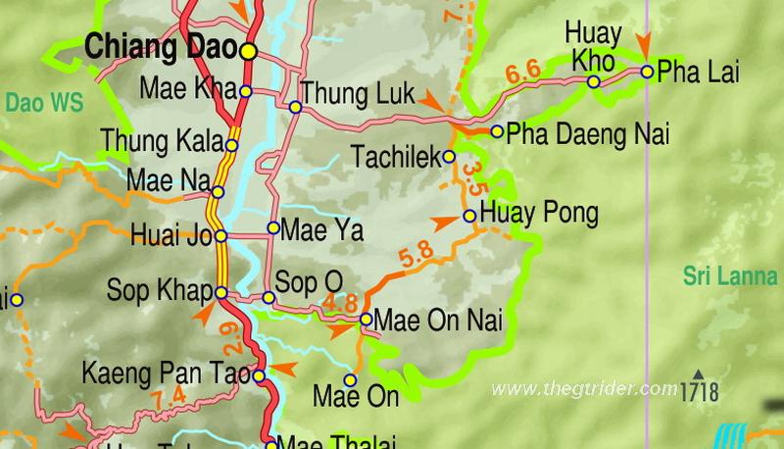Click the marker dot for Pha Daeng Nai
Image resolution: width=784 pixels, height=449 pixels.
pyautogui.click(x=498, y=131)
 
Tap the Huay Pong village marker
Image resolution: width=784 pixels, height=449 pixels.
pyautogui.click(x=469, y=216)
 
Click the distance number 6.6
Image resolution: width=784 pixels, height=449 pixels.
pyautogui.click(x=523, y=73)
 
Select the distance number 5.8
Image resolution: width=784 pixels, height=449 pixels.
pyautogui.click(x=416, y=255)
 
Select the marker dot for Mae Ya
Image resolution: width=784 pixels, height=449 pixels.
pyautogui.click(x=273, y=228)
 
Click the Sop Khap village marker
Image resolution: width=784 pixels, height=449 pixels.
pyautogui.click(x=221, y=293)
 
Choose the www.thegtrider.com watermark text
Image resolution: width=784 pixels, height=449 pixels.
pyautogui.click(x=584, y=389)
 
